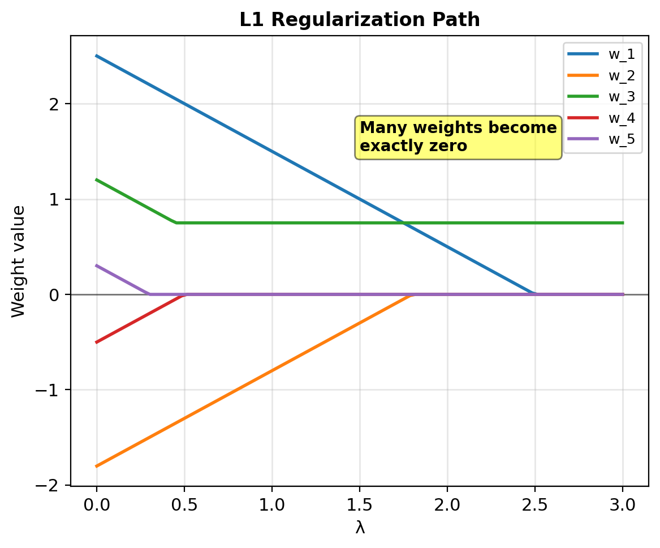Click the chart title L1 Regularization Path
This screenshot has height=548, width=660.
pos(360,20)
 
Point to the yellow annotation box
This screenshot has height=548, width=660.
pos(458,137)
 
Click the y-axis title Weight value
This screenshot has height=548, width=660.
pos(18,261)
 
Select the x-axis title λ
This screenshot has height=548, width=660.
pos(360,528)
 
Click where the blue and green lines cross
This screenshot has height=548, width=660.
pos(404,222)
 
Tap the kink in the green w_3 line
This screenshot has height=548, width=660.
pos(176,222)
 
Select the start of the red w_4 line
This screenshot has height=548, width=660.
pos(97,342)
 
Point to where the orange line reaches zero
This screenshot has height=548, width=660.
pos(412,294)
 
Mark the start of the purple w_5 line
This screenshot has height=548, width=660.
pos(97,266)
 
